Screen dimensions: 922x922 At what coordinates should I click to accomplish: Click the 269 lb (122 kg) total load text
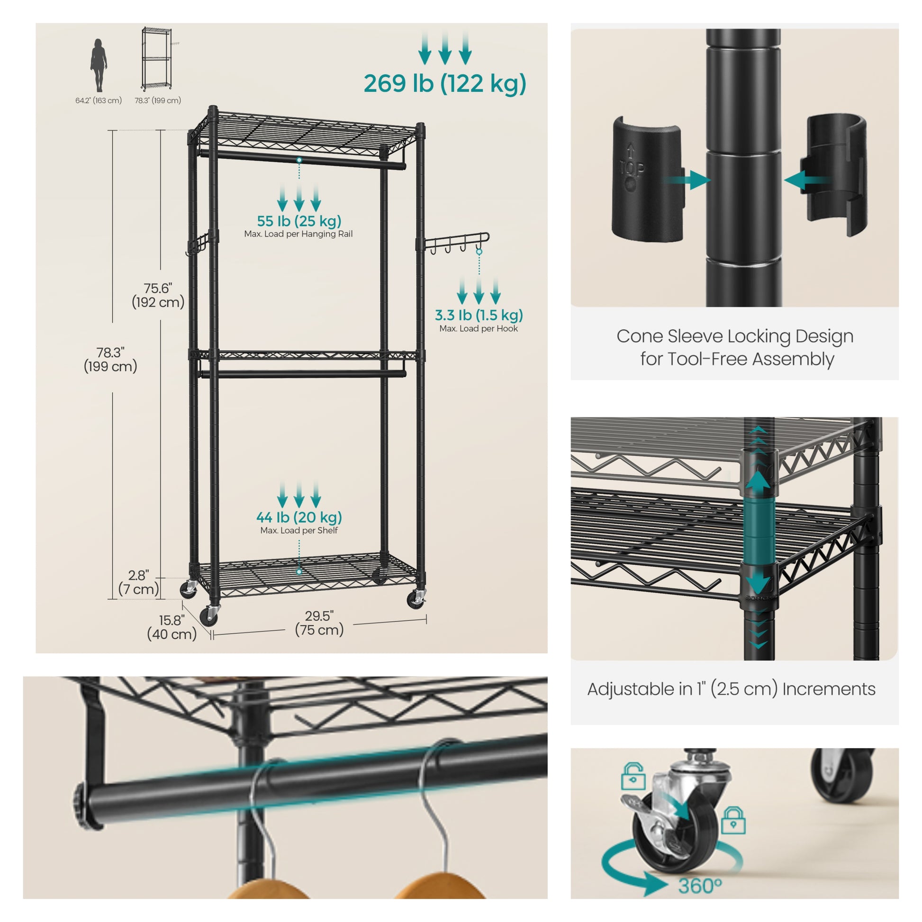(445, 83)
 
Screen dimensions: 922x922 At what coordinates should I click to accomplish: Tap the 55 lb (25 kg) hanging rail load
(299, 221)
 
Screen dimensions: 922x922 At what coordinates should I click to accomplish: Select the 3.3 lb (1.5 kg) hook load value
(479, 315)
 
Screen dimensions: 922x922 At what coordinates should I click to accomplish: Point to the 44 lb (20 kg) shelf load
(299, 517)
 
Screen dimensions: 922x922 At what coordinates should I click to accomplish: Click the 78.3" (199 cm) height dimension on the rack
(110, 359)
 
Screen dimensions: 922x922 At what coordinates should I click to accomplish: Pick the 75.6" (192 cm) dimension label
(158, 295)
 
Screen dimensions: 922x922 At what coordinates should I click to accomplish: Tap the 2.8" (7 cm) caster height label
(138, 582)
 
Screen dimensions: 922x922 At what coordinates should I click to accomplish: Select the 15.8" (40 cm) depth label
(172, 627)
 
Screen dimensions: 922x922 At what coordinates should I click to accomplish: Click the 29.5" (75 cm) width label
(319, 623)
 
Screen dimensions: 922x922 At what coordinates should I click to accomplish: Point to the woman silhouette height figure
(99, 65)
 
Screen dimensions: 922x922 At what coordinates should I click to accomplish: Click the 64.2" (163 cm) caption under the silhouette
(98, 100)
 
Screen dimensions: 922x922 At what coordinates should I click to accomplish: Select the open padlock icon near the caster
(633, 776)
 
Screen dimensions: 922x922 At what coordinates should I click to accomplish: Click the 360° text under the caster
(700, 886)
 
